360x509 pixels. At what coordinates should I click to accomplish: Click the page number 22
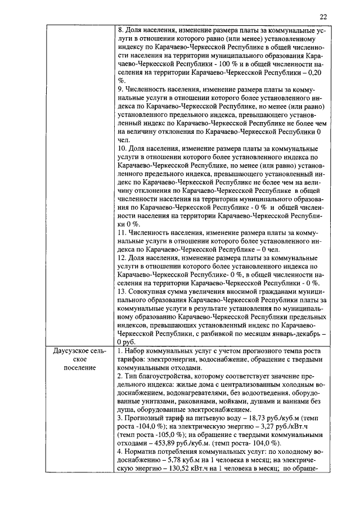322,17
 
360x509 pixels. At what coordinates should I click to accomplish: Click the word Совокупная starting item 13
147,291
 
